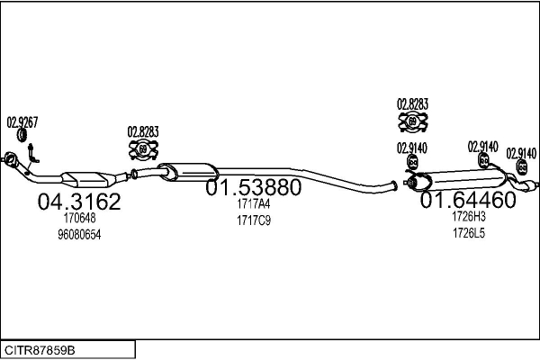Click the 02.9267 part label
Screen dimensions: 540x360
tap(22, 121)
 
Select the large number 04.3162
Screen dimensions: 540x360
tap(78, 202)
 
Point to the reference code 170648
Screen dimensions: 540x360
tap(78, 219)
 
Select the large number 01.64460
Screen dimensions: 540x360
tap(468, 200)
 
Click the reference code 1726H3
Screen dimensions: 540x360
tap(468, 217)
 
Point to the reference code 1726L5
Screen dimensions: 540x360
tap(468, 233)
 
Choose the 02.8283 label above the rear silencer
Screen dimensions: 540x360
tap(413, 104)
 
